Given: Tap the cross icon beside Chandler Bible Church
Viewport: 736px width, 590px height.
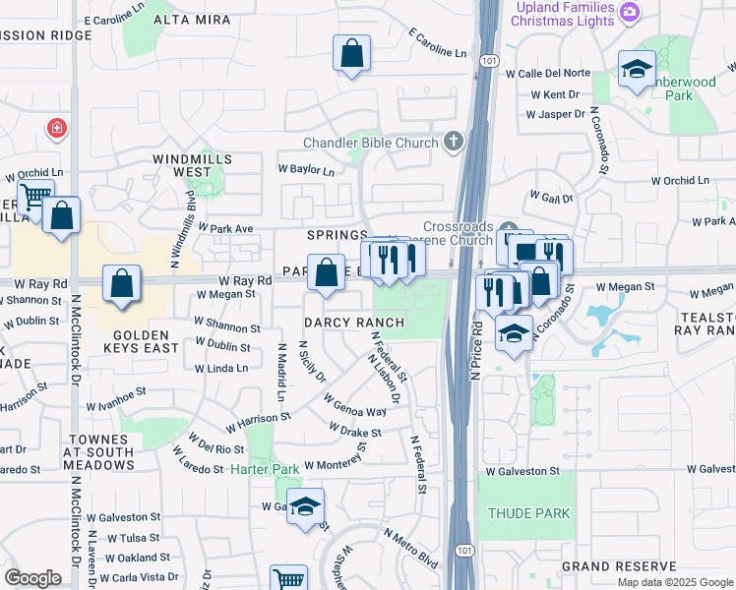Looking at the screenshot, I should click(x=454, y=143).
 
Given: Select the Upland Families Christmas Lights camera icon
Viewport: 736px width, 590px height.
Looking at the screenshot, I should click(x=631, y=14).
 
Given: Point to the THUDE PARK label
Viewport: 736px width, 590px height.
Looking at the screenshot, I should click(x=529, y=513).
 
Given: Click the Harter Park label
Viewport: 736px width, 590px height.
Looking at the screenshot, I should click(x=265, y=470).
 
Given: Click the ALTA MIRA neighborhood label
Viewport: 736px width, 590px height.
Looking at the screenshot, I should click(x=198, y=20).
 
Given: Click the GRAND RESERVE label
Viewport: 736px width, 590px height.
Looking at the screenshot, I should click(x=619, y=566).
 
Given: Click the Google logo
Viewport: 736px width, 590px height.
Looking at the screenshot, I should click(x=32, y=578).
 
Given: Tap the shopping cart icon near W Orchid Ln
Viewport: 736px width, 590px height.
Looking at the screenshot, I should click(x=34, y=197).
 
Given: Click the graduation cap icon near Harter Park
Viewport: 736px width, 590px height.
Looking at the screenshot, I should click(x=306, y=506).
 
